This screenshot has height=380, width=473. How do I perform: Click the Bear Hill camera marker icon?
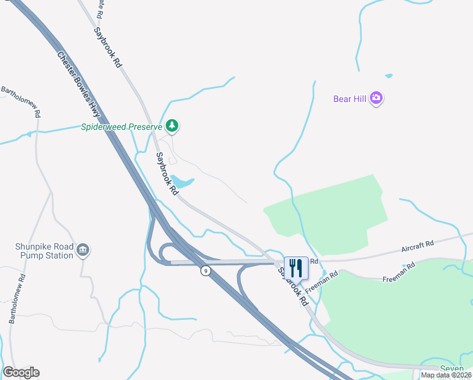(x=377, y=98)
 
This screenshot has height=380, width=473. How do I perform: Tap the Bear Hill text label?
(x=350, y=99)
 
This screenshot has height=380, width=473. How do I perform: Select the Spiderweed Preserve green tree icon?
(x=173, y=126)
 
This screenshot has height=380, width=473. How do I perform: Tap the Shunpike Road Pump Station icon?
(x=83, y=251)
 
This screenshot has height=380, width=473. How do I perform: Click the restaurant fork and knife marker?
(x=295, y=267)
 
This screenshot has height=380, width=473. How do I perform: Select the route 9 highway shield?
(x=205, y=271)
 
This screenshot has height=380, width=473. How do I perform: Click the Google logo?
(x=21, y=372)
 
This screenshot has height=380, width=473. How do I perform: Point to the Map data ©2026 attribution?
(x=446, y=375)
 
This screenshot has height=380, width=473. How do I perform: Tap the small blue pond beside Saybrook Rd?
(x=183, y=182)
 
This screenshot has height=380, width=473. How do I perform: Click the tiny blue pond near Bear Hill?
(x=388, y=76)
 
